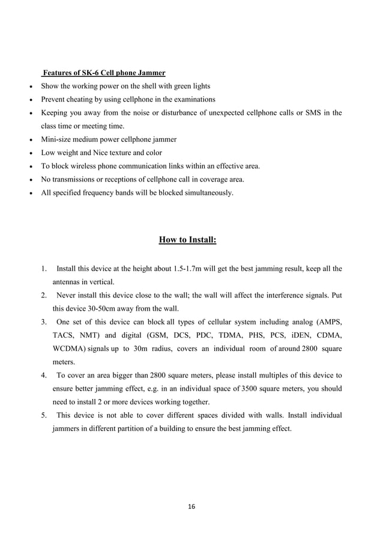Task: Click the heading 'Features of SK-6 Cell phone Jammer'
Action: click(x=103, y=73)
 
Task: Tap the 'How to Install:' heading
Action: click(x=187, y=240)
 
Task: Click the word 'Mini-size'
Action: click(x=56, y=139)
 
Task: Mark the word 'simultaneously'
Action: click(x=207, y=193)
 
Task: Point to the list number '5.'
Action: click(x=44, y=415)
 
